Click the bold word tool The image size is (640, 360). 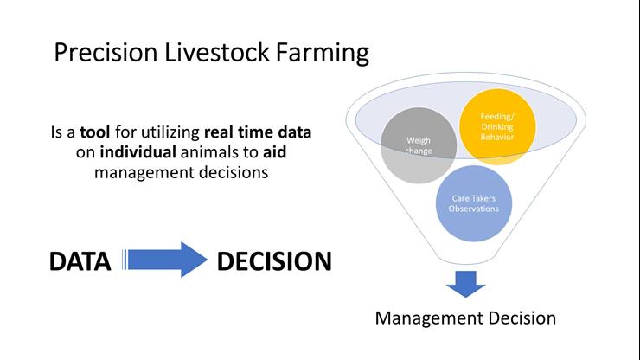pos(96,134)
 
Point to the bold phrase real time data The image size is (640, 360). pos(258,134)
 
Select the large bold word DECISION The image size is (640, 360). pos(274,261)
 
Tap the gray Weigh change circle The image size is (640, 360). pos(419,145)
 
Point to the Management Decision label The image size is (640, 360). pos(465,318)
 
